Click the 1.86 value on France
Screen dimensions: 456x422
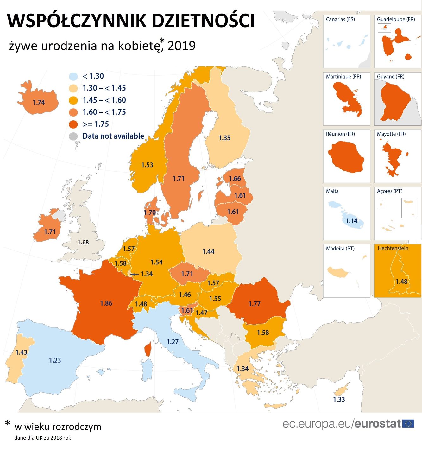click(x=106, y=303)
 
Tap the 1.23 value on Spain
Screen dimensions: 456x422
click(x=55, y=360)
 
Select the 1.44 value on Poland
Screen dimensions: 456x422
click(x=208, y=251)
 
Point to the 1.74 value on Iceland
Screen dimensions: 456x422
click(x=39, y=102)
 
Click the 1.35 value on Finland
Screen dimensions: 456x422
click(x=224, y=138)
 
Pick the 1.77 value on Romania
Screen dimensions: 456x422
click(x=254, y=304)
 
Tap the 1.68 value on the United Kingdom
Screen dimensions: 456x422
click(x=83, y=242)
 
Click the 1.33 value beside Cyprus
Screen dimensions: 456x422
click(x=339, y=399)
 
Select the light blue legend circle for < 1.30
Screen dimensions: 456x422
click(x=73, y=76)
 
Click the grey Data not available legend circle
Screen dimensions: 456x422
click(x=73, y=136)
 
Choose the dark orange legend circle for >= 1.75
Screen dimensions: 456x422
click(x=73, y=124)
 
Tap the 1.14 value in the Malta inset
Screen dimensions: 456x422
click(x=351, y=221)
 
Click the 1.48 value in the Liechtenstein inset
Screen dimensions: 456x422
click(x=401, y=282)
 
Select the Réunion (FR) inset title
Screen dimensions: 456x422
click(x=340, y=134)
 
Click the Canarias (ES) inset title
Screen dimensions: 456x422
click(x=340, y=19)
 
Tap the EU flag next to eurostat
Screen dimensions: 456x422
click(x=408, y=423)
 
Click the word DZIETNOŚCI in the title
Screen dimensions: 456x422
click(x=203, y=21)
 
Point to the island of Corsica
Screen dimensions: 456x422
click(x=148, y=349)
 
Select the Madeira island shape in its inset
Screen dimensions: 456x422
click(x=337, y=272)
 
